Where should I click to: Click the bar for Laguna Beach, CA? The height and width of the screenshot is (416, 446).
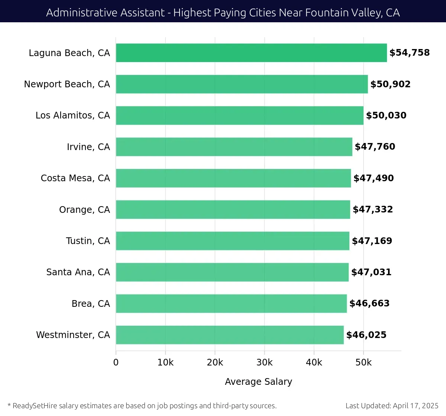pos(251,53)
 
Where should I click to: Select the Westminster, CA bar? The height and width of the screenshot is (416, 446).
pos(230,335)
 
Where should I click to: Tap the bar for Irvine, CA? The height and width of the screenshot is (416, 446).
pos(234,147)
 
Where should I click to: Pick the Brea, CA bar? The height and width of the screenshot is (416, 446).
pos(231,303)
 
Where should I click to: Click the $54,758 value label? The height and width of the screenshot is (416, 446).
pos(409,53)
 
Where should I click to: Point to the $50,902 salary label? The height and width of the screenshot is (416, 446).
pos(390,84)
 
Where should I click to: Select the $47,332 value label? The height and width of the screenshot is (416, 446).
pos(372,209)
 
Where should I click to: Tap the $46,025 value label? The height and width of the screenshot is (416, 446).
pos(366,335)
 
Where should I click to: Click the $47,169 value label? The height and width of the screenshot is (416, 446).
pos(372,241)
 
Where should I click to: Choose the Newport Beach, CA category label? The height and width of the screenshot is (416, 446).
pos(67,84)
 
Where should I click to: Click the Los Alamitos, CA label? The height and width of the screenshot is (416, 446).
pos(72,116)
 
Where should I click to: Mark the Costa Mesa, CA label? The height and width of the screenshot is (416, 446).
pos(75,178)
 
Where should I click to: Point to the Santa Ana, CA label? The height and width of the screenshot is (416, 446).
pos(78,272)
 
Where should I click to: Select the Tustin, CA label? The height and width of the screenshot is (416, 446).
pos(88,241)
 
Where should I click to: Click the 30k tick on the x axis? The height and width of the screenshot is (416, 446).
pos(264,363)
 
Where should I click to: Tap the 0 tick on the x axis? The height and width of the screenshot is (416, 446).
pos(116,363)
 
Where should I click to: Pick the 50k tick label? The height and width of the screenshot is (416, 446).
pos(363,363)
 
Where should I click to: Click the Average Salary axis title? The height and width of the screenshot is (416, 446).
pos(258,382)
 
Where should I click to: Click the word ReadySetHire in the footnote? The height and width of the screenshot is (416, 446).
pos(35,406)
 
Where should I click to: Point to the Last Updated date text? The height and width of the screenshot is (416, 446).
pos(392,406)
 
